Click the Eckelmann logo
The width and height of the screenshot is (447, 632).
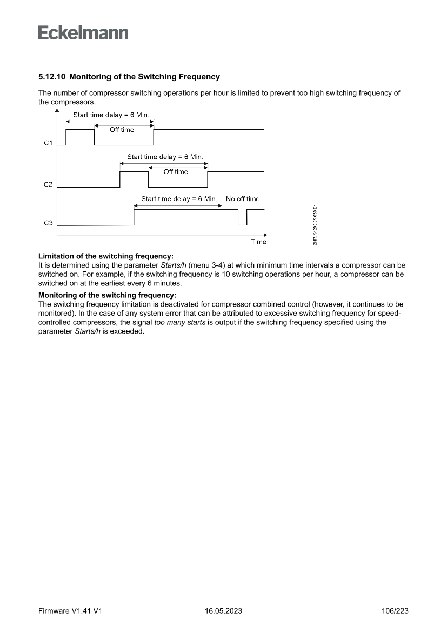(83, 33)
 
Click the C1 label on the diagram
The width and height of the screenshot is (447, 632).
(48, 143)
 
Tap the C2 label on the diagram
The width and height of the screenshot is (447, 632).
(48, 185)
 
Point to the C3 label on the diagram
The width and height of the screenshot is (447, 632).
(48, 223)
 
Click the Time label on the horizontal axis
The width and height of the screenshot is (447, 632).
(258, 242)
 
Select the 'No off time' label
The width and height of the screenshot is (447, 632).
(243, 199)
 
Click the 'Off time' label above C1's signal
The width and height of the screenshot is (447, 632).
(122, 130)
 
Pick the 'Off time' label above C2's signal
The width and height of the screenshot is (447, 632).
(176, 172)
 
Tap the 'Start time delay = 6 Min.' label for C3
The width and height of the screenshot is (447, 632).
(178, 199)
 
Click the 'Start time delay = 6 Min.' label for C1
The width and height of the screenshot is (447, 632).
(111, 115)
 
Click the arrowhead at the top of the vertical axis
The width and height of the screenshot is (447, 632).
(57, 110)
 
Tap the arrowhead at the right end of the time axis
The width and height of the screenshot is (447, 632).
(265, 235)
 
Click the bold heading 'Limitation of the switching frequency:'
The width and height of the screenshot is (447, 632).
(106, 256)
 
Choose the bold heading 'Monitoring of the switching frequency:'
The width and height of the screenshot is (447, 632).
(108, 295)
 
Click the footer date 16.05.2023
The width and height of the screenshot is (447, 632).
(223, 611)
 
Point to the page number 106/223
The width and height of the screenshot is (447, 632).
(395, 611)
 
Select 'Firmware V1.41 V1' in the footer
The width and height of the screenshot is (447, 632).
(70, 611)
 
